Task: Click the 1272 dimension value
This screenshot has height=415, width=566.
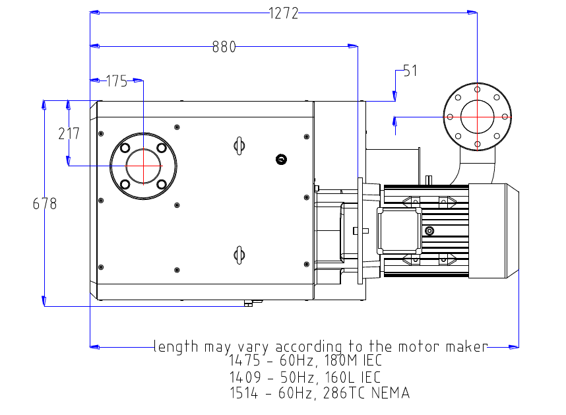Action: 284,13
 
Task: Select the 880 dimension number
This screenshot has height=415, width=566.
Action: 224,47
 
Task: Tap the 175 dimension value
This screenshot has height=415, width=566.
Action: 116,81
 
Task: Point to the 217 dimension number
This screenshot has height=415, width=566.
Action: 69,133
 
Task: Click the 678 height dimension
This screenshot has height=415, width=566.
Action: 45,204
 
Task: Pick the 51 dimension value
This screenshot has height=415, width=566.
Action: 410,71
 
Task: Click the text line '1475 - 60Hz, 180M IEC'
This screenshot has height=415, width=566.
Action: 305,362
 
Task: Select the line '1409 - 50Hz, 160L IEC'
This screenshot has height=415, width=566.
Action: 305,377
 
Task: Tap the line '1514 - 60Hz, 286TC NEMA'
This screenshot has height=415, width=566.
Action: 319,393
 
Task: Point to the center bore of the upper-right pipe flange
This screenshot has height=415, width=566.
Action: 477,117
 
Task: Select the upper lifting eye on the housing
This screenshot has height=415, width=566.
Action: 239,144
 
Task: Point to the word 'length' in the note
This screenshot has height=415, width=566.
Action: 175,346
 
